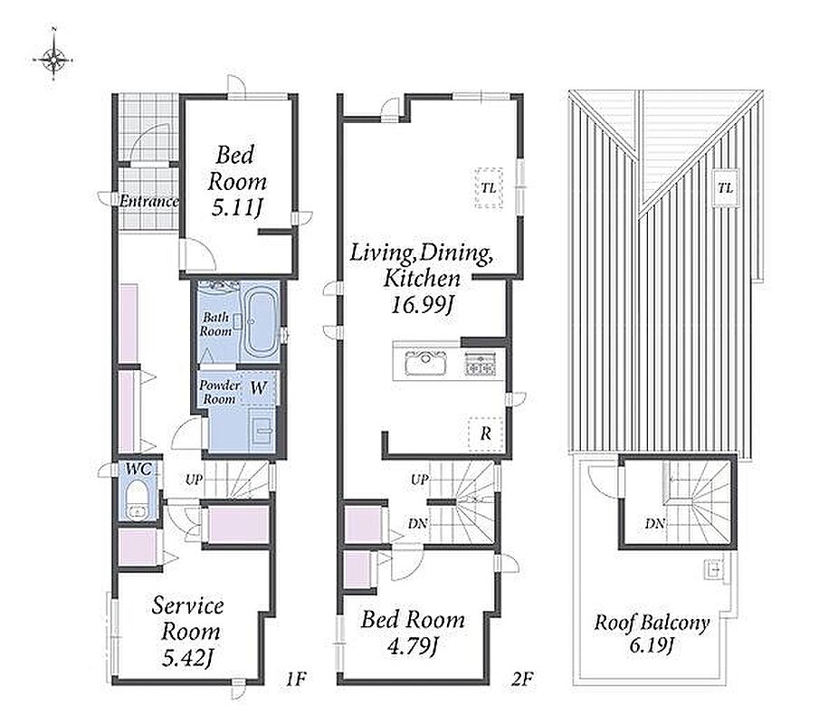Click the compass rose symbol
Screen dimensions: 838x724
(52, 58)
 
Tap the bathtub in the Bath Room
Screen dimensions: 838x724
(261, 323)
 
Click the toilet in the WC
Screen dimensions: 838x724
(138, 500)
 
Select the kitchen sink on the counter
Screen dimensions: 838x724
(426, 362)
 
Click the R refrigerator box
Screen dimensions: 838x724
(485, 433)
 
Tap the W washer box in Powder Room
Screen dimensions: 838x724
(258, 388)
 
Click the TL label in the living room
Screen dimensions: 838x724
(488, 188)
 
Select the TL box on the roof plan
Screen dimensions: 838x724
(725, 187)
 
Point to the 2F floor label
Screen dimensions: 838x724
(523, 679)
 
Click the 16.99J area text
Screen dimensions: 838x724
(423, 305)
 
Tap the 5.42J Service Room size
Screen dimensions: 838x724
(188, 658)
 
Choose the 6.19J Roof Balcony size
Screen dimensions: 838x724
(651, 645)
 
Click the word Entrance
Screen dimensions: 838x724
(148, 202)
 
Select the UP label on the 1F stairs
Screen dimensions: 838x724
(194, 480)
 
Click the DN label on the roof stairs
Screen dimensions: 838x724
(655, 524)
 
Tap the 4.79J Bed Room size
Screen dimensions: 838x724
(412, 646)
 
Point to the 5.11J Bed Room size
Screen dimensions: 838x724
(237, 207)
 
